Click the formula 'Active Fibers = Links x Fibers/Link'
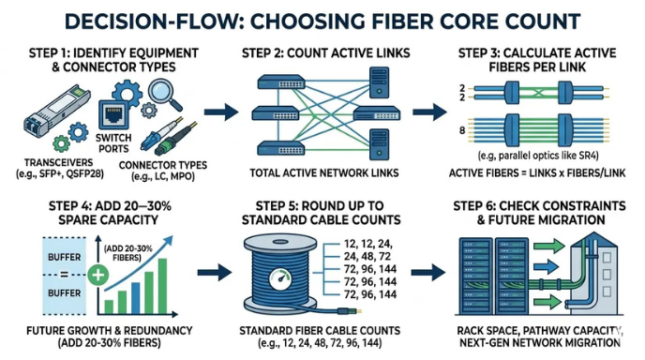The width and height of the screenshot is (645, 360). click(538, 174)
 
